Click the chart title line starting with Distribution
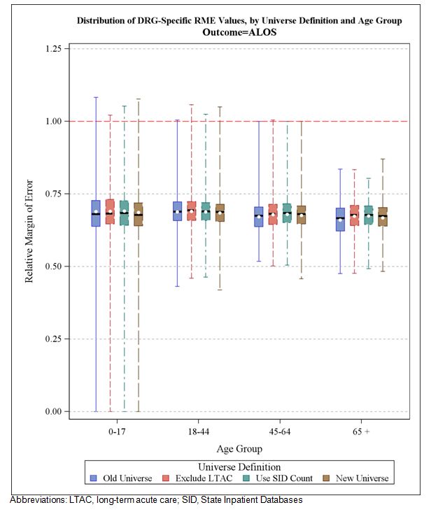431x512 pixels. [x=239, y=21]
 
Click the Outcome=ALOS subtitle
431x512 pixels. [x=239, y=32]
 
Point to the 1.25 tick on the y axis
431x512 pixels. [x=52, y=48]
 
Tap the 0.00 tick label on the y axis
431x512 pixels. [x=52, y=411]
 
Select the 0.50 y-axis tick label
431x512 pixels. [x=52, y=266]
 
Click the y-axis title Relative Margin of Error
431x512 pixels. [x=30, y=229]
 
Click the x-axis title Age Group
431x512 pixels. [x=239, y=448]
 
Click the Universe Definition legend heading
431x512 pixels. [x=239, y=467]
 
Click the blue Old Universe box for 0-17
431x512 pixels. [x=96, y=213]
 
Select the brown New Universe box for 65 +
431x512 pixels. [x=382, y=217]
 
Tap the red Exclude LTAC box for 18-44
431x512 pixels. [x=191, y=211]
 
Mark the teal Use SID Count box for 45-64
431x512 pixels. [x=287, y=213]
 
